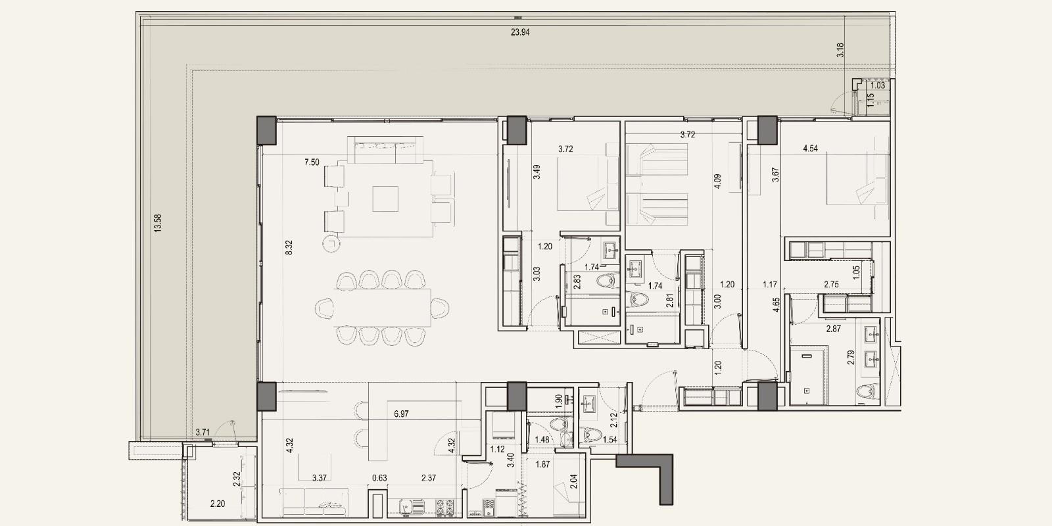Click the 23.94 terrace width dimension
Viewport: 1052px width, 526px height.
[520, 32]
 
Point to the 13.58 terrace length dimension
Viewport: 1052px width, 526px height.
[158, 223]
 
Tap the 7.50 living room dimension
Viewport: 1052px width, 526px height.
[312, 162]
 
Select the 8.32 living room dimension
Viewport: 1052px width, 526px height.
[289, 247]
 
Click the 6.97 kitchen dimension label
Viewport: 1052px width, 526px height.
[401, 414]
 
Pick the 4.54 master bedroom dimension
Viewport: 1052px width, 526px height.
[810, 149]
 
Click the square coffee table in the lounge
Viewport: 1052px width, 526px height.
[385, 199]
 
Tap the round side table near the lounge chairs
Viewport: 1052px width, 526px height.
[331, 243]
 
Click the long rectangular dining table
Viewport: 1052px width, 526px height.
[382, 308]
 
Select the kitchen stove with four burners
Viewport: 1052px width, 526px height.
[444, 508]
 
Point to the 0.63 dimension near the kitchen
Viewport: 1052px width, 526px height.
[379, 478]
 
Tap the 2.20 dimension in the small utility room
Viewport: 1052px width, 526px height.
[218, 504]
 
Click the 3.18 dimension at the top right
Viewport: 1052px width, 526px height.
[840, 50]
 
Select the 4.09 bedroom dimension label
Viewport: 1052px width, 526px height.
[717, 181]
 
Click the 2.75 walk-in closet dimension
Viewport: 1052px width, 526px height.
[831, 284]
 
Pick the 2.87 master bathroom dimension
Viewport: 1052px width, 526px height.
[834, 329]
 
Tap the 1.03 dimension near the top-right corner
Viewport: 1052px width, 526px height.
[877, 85]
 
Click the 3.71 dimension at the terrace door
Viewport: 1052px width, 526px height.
[203, 432]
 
